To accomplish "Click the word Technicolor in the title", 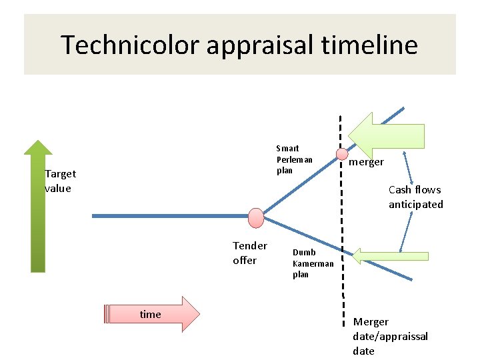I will tap(130, 45).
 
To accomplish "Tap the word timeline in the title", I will tap(377, 45).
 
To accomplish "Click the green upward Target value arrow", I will tap(38, 207).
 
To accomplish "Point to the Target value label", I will tap(60, 181).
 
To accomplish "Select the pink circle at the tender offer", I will tap(256, 217).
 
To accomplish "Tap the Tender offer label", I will tap(250, 253).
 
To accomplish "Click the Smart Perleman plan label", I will tap(294, 159).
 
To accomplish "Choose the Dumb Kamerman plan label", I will tap(312, 263).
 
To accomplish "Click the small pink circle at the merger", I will tap(341, 154).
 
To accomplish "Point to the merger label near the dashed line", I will tap(367, 162).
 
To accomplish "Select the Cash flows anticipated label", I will tap(415, 197).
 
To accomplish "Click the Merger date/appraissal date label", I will tap(390, 336).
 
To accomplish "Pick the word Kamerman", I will tap(313, 263).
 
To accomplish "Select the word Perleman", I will tap(294, 159).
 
